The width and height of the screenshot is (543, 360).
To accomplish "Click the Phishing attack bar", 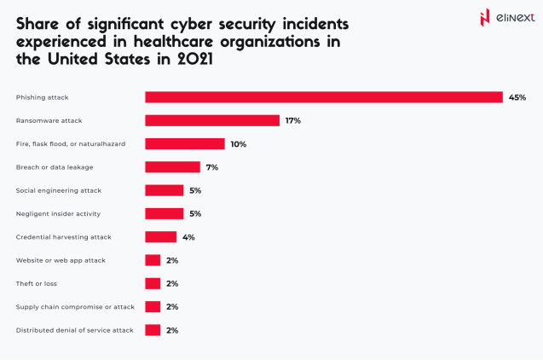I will [x=324, y=97].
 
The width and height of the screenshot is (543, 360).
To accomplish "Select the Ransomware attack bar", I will [x=212, y=120].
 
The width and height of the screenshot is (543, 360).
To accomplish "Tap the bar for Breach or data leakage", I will [x=172, y=167].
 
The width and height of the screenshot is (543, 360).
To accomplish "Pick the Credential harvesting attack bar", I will [x=161, y=237].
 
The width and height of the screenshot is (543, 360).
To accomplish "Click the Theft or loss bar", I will [x=153, y=283].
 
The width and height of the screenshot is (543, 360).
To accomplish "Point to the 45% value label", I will [x=517, y=97].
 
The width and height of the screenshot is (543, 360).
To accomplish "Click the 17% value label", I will [x=292, y=120].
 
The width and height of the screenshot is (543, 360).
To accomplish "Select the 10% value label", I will [x=238, y=144].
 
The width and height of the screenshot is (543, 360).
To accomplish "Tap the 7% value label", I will [x=211, y=167].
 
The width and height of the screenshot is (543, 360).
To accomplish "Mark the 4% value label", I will [x=188, y=237].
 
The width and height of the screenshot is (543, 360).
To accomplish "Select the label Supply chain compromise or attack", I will [x=75, y=306].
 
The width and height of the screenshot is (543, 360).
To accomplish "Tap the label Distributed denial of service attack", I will [x=74, y=330].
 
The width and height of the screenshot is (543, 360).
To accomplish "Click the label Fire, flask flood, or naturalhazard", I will [x=71, y=144].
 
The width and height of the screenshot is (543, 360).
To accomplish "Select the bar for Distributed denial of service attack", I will [x=153, y=330].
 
